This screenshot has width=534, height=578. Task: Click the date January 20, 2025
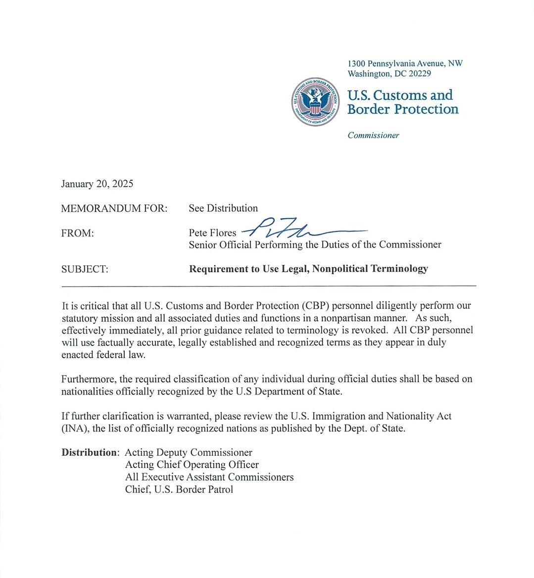click(x=97, y=184)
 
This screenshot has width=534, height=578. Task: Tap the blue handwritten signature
click(x=302, y=229)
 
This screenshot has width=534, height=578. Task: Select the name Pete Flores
click(x=212, y=233)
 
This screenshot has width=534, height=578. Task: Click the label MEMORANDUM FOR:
click(x=114, y=208)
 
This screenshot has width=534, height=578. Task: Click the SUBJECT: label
click(x=85, y=269)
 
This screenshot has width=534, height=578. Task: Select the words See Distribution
click(x=223, y=208)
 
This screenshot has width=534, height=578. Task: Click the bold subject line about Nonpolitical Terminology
click(x=308, y=269)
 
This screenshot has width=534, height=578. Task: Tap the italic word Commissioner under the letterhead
click(x=373, y=135)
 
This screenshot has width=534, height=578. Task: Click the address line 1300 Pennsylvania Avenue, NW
click(x=405, y=63)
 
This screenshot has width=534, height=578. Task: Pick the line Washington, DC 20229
click(x=389, y=74)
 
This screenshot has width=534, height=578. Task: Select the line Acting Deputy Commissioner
click(x=189, y=452)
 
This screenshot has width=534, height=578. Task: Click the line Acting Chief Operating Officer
click(x=192, y=465)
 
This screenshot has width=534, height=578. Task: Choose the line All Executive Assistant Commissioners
click(x=209, y=477)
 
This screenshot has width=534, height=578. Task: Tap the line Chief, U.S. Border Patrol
click(x=179, y=489)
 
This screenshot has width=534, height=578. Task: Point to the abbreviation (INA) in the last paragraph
click(x=75, y=429)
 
